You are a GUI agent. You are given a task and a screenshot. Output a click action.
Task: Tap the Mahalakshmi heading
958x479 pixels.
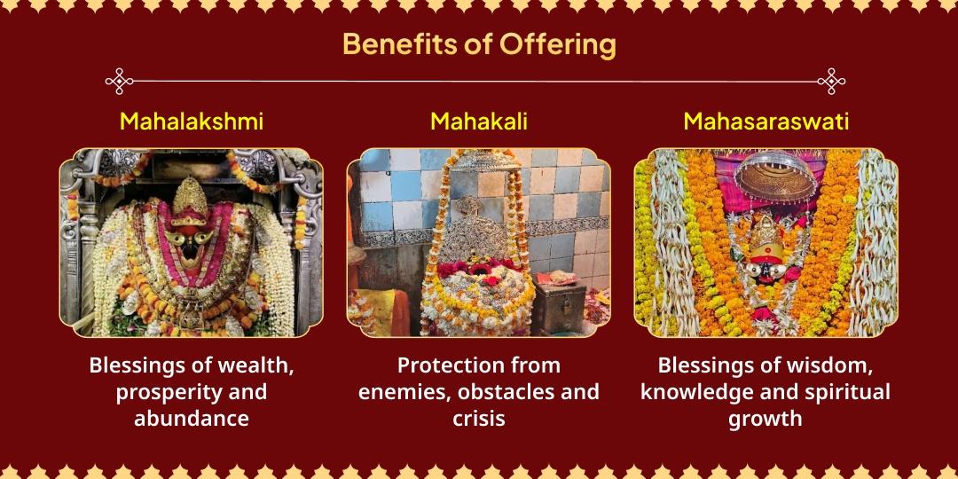pos(192,122)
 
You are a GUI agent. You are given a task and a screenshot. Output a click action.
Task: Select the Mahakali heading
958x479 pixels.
pos(478,122)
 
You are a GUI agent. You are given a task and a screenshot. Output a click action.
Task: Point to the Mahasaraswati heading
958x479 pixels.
pos(766,122)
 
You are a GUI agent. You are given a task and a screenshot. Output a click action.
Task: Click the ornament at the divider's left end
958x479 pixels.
pos(120,81)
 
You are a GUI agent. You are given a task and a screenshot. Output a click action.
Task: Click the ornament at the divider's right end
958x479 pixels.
pos(830,81)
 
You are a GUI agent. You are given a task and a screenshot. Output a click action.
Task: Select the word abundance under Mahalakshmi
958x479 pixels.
pos(192,418)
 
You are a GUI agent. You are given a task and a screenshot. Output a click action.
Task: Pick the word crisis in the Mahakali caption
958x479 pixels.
pos(479,418)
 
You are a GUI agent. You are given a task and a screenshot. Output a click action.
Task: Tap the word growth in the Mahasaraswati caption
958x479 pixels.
pos(766,418)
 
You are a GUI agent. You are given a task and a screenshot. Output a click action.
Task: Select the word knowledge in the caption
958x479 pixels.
pos(692,392)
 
